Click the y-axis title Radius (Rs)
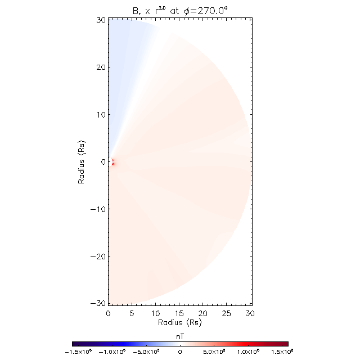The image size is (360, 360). tap(82, 161)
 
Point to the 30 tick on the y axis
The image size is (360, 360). tap(101, 20)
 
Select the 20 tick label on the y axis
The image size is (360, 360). tap(101, 67)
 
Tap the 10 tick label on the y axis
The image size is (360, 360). tap(101, 114)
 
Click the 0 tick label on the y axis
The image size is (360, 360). tap(102, 161)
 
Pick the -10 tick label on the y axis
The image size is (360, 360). tap(98, 209)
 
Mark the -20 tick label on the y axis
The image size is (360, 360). tap(98, 256)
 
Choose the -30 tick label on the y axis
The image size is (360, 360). tap(98, 303)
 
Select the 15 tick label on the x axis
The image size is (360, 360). tap(179, 313)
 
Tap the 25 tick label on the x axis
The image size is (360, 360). tap(227, 313)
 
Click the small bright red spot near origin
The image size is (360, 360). tap(113, 164)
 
